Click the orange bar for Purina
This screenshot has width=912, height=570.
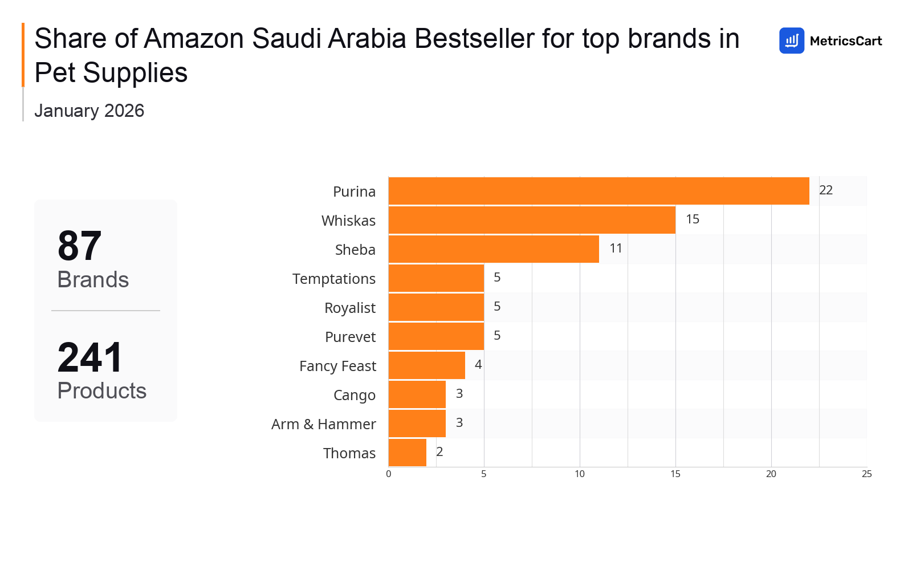point(598,191)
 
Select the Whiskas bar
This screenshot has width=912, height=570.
point(532,220)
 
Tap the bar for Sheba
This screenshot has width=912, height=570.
point(494,249)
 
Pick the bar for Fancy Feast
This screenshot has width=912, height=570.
point(426,365)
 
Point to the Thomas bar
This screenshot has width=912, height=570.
point(407,453)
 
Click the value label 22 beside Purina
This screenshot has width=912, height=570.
point(826,190)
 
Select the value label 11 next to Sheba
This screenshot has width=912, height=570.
point(616,249)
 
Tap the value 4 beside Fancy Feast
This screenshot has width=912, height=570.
point(478,365)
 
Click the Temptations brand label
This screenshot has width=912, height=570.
point(334,279)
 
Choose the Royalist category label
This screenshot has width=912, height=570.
point(350,308)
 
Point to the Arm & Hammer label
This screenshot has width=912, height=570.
point(324,424)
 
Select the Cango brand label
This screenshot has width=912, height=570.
point(355,395)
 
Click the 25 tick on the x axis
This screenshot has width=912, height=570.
point(867,474)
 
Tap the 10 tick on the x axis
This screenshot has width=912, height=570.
point(580,474)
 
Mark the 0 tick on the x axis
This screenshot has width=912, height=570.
point(389,474)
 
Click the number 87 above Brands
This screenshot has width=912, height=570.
point(80,246)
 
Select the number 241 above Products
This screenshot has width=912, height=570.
point(90,358)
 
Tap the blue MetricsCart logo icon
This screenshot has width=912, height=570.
point(792,41)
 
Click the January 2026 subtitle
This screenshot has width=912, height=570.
point(89,111)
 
